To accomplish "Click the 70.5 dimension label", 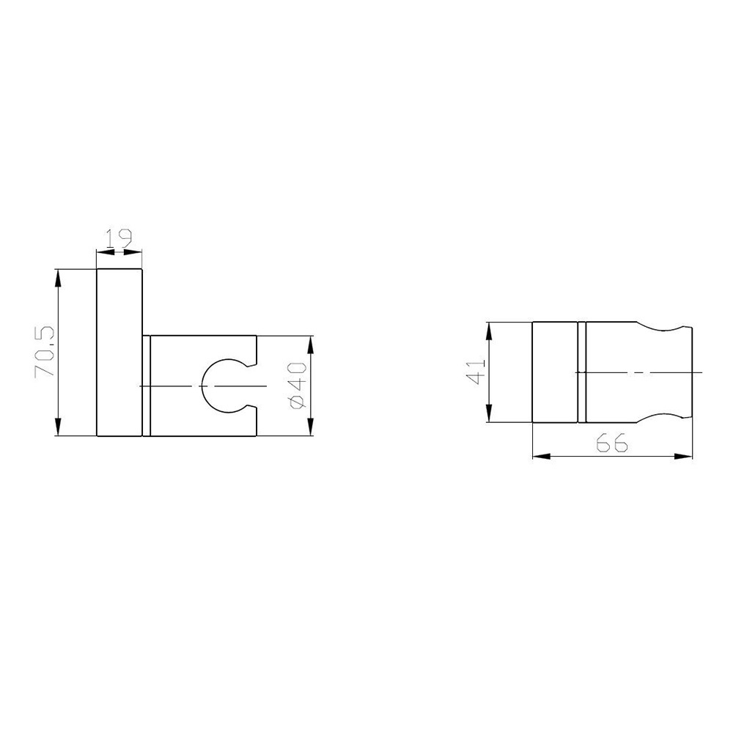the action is click(45, 352).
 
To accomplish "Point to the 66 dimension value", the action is click(612, 443).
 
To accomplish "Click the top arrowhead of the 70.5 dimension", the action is click(58, 279).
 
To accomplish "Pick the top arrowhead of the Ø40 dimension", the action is click(310, 345).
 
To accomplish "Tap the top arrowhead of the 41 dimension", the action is click(489, 332).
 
